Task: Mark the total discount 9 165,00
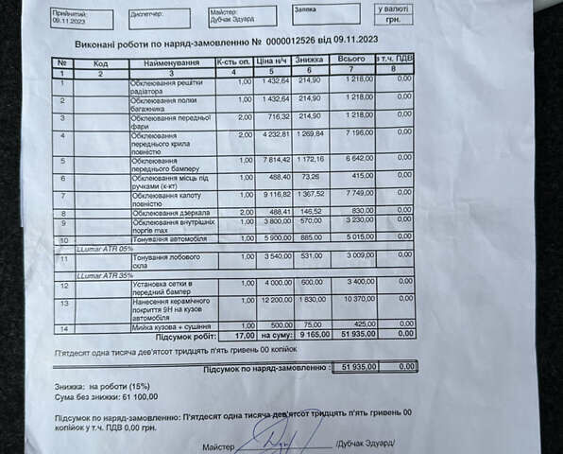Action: (308, 335)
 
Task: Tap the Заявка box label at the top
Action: (306, 9)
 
